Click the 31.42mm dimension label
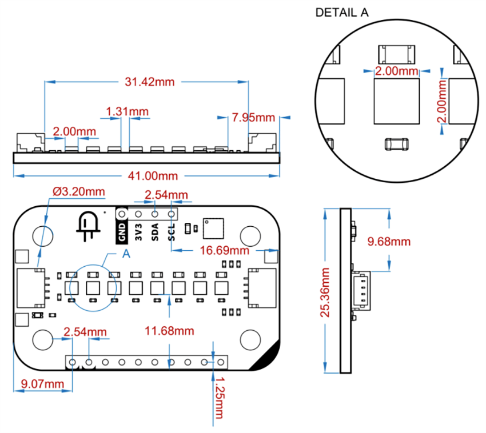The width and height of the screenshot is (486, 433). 149,82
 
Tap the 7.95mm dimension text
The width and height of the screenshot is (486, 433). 253,118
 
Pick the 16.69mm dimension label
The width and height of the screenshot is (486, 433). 224,250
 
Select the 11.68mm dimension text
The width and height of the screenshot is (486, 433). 169,331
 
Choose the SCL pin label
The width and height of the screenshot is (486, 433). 171,232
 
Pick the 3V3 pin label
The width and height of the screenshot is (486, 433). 138,232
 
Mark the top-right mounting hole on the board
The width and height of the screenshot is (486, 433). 249,235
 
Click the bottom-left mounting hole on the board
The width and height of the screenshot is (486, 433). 43,339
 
